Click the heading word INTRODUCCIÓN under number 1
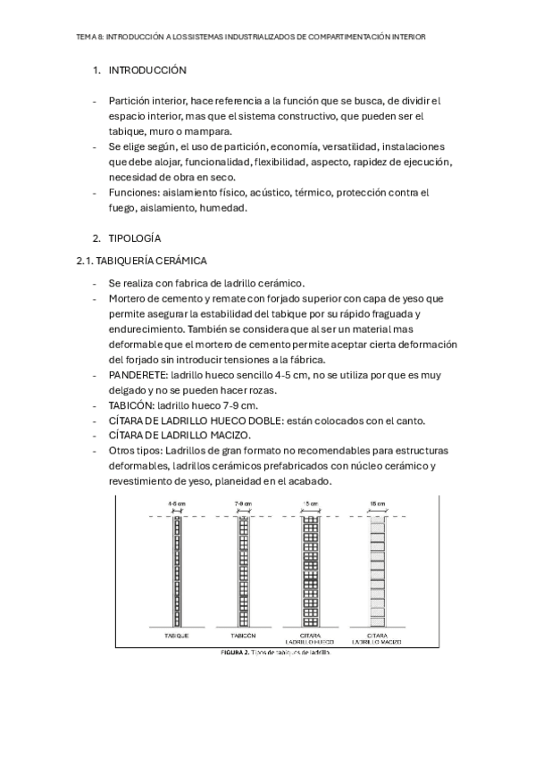(147, 70)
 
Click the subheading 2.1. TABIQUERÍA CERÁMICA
(142, 260)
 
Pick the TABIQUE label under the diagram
(176, 635)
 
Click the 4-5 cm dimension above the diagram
(176, 505)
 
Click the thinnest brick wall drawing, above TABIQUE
(176, 571)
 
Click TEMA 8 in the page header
(90, 37)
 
